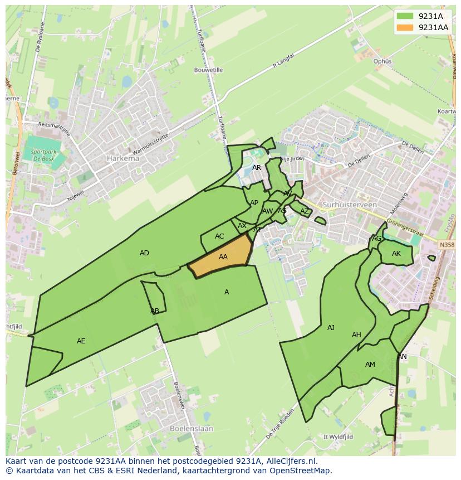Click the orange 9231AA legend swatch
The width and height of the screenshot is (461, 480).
(x=405, y=27)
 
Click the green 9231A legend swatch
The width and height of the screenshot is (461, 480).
(x=405, y=16)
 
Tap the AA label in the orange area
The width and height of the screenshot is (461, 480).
(x=223, y=257)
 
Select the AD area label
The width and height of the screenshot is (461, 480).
(x=144, y=253)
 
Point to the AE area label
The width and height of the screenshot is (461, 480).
(x=81, y=341)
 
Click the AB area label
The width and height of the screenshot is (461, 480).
(x=155, y=311)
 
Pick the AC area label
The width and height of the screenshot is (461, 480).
(x=219, y=236)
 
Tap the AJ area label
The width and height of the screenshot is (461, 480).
(x=331, y=328)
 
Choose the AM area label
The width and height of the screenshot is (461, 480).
(x=370, y=365)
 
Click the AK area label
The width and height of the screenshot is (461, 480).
(x=396, y=254)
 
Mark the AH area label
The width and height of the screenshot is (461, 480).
(x=356, y=335)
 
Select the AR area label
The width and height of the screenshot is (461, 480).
(x=257, y=167)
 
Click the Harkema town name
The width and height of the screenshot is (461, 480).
(x=122, y=158)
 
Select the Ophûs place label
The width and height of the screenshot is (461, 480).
(x=382, y=61)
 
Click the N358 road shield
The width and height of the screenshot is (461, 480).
(x=446, y=245)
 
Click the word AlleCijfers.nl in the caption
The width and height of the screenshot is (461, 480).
(x=290, y=461)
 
